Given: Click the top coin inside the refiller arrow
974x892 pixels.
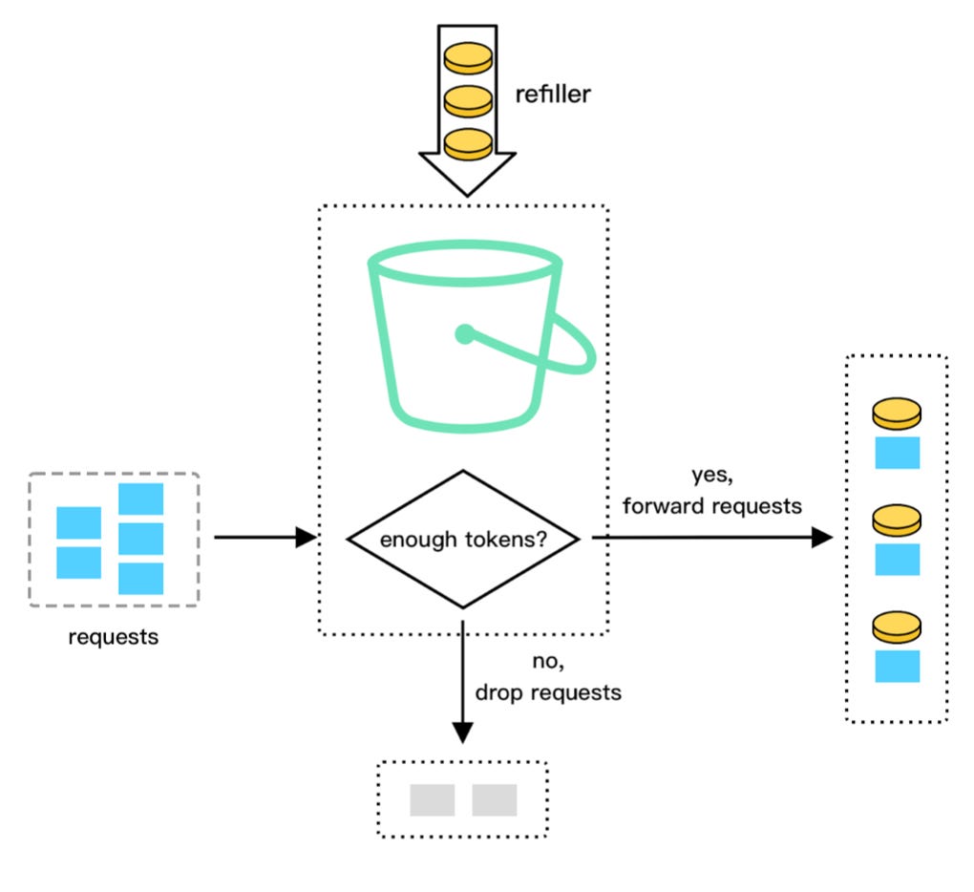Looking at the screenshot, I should [468, 57].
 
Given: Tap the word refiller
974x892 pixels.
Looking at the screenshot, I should [552, 96].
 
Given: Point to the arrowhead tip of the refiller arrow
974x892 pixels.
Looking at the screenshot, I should [467, 193].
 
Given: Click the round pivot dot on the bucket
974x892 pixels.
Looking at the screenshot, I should [464, 334].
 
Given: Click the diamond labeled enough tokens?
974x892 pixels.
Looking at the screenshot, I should [463, 539].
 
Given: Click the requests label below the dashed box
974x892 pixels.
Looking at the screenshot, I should [114, 636].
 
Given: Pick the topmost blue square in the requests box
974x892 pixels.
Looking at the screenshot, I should [140, 499].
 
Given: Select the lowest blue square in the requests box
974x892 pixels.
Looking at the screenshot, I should [140, 578].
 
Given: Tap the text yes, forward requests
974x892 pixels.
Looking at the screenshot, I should [712, 493].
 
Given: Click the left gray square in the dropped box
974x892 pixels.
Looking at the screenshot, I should [432, 800].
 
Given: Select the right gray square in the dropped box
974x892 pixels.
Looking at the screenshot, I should [494, 800].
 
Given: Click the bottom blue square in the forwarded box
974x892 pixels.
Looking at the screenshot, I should [897, 666].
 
